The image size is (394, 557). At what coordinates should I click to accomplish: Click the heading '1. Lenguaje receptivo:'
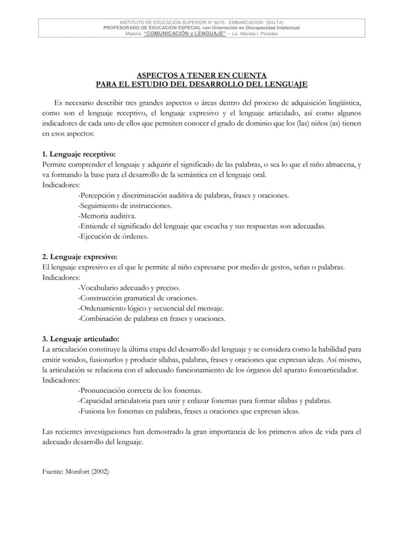click(79, 155)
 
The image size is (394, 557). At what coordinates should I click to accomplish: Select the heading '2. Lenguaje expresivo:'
click(79, 257)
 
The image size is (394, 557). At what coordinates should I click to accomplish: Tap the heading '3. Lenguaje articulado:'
click(80, 339)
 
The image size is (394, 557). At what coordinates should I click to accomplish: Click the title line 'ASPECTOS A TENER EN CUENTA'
click(201, 75)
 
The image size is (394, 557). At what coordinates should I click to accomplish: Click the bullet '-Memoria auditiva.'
click(100, 215)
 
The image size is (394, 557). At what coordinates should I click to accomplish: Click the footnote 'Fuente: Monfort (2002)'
click(76, 472)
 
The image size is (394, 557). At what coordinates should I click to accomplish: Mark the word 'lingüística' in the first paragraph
click(344, 103)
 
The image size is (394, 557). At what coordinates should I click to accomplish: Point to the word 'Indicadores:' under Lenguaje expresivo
click(61, 277)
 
